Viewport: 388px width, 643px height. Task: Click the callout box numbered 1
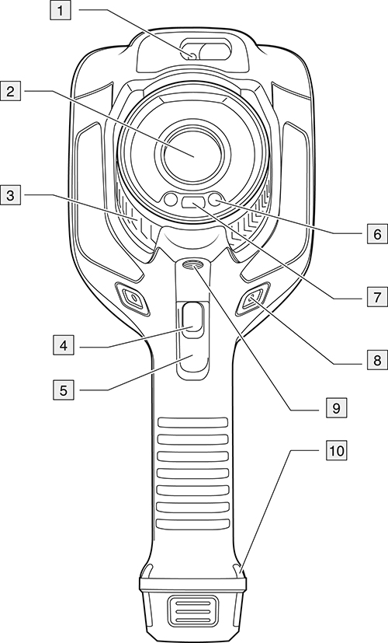coord(61,10)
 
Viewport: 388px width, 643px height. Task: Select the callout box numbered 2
coord(10,91)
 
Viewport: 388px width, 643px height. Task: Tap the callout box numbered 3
coord(10,196)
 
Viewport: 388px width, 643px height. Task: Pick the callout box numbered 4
coord(64,346)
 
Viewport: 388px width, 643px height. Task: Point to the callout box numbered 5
coord(64,390)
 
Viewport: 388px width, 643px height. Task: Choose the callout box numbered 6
coord(377,234)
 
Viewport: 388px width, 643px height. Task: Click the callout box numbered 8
coord(377,360)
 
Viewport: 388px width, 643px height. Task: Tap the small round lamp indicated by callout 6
coord(216,201)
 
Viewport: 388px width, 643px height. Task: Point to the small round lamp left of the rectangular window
coord(170,201)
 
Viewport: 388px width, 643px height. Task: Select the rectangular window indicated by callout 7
coord(192,202)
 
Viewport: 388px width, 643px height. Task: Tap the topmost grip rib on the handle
coord(192,423)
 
